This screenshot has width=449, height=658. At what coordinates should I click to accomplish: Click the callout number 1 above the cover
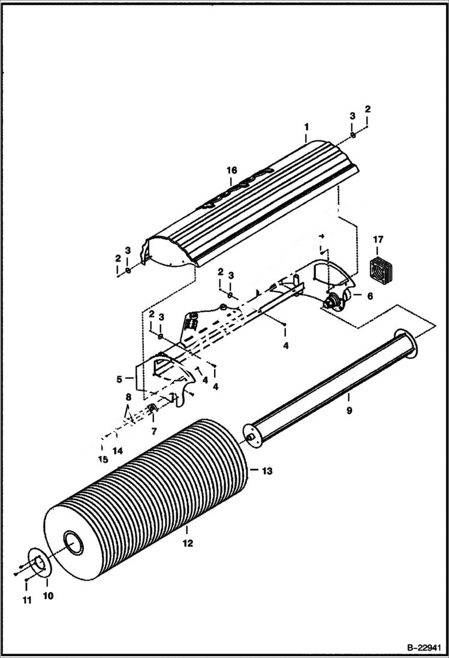coord(306,127)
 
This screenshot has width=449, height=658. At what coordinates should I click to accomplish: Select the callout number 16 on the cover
coord(232,171)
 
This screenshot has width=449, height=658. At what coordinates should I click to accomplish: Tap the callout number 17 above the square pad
coord(378,241)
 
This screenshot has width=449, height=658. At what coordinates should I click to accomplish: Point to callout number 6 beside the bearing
coord(369,296)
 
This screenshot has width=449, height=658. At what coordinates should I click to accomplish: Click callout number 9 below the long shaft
coord(349,411)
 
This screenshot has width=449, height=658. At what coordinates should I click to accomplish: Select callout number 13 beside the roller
coord(267,471)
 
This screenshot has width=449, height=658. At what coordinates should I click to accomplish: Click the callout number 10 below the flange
coord(47,596)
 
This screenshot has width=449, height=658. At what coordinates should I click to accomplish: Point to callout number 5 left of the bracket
coord(119,379)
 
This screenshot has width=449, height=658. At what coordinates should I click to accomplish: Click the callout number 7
coord(153,431)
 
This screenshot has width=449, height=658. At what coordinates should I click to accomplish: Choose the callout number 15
coord(103,459)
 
